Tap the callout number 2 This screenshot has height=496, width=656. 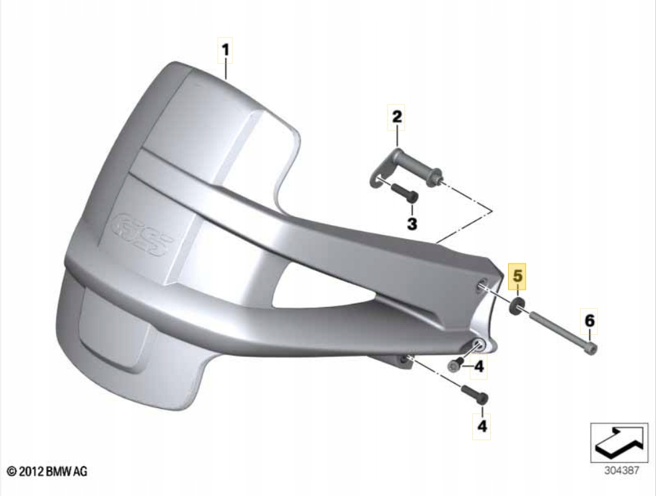click(x=396, y=117)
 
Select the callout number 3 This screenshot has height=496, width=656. click(x=412, y=224)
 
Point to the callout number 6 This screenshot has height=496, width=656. click(x=589, y=322)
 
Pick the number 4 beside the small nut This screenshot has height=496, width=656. click(x=479, y=366)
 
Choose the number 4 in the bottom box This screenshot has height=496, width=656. click(x=482, y=425)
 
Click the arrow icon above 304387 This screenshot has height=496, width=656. click(x=619, y=441)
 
